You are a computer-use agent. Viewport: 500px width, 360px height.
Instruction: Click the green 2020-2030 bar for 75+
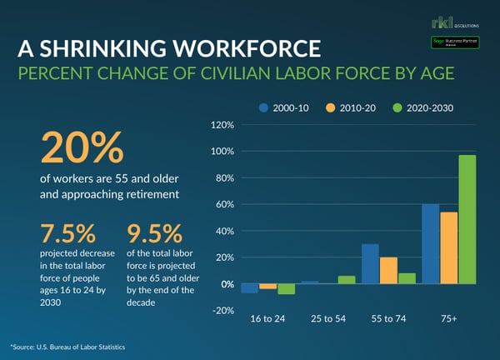click(467, 220)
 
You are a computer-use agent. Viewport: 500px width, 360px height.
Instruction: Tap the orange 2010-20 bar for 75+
click(449, 248)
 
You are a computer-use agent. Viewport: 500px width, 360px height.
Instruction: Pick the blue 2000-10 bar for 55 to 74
click(370, 264)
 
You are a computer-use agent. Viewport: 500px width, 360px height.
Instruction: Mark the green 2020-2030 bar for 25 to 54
click(346, 280)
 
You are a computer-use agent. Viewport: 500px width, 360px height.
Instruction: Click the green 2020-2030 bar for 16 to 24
click(287, 289)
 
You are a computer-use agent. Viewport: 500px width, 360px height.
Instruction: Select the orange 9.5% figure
click(152, 232)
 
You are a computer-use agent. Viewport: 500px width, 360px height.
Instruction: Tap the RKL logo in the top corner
click(440, 22)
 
